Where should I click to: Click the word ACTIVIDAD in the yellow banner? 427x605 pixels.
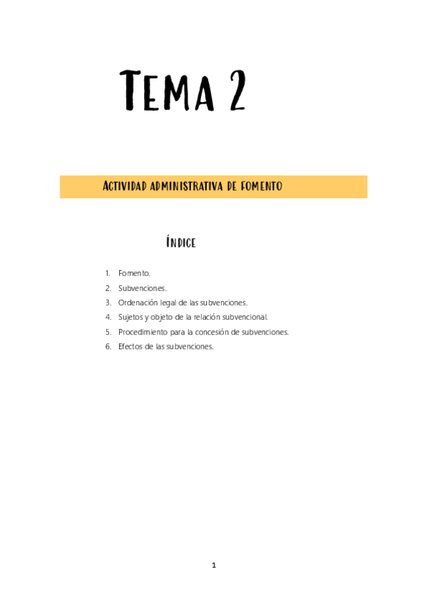pos(125,186)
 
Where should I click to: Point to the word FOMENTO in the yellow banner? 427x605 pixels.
pos(260,186)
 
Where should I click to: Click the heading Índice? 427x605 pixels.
pos(181,243)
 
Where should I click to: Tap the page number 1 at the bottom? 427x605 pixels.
pos(213,566)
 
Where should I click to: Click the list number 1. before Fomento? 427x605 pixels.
pos(108,273)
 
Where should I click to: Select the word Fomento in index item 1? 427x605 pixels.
pos(134,273)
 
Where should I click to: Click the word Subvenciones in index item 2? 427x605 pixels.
pos(142,288)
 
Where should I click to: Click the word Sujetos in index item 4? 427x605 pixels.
pos(131,317)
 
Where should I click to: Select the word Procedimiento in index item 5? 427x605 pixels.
pos(142,332)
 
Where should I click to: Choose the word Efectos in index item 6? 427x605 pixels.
pos(130,347)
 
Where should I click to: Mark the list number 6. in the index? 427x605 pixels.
pos(108,347)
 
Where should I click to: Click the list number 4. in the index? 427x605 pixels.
pos(108,317)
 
